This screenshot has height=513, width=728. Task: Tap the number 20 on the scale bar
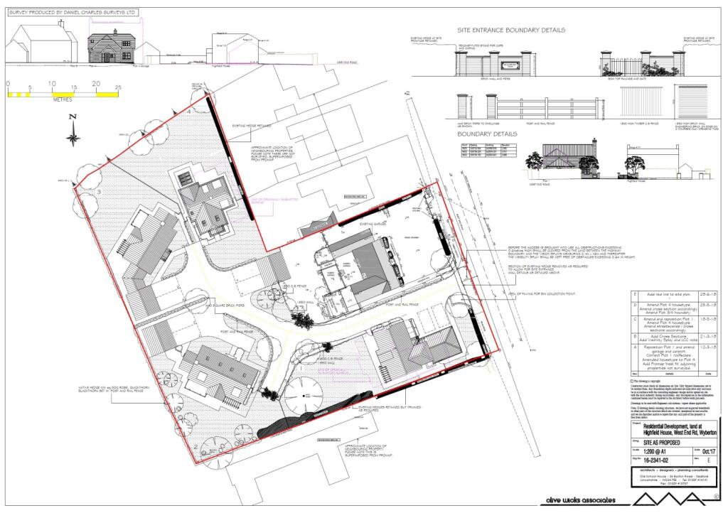(x=95, y=85)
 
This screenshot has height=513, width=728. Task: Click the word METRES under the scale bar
(x=63, y=100)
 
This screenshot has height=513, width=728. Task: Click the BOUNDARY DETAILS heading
(x=487, y=133)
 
